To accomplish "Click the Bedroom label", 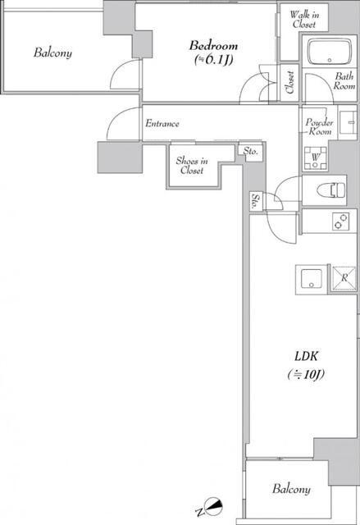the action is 213,46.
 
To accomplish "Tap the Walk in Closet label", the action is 304,20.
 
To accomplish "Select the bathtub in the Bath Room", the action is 330,52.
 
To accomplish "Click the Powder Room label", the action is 319,126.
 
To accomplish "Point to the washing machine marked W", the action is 315,157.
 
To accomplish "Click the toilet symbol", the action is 331,190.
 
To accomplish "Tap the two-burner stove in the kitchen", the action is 341,221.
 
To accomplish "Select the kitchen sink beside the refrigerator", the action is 312,279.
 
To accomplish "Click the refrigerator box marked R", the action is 344,277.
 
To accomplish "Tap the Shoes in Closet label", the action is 192,166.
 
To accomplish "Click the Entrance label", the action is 162,124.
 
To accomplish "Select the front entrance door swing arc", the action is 117,116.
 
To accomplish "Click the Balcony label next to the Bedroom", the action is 52,52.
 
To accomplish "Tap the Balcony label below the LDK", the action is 291,489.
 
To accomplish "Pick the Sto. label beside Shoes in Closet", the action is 251,151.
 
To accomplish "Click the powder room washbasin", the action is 348,122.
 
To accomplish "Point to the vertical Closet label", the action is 289,82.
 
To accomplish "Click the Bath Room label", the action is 344,81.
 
